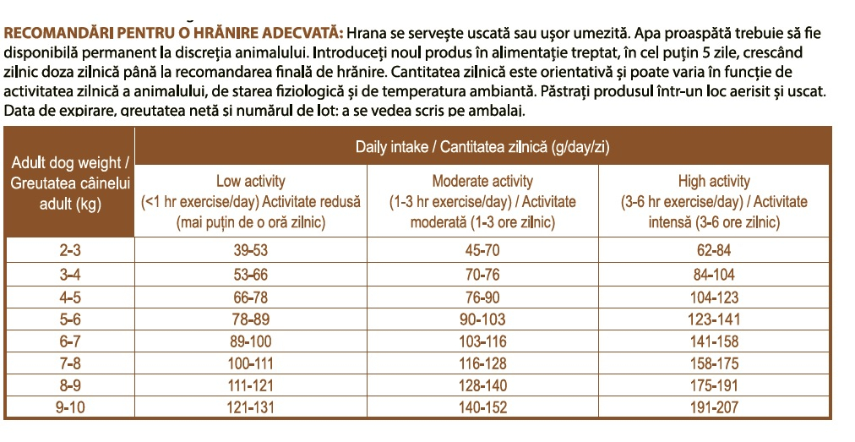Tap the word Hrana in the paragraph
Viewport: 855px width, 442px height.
click(x=366, y=34)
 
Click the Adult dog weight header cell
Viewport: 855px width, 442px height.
click(x=70, y=182)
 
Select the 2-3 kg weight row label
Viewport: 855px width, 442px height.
click(x=70, y=250)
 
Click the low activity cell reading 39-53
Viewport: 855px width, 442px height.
click(x=251, y=250)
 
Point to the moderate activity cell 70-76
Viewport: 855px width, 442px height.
click(x=482, y=274)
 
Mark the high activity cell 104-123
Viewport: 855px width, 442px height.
click(x=714, y=297)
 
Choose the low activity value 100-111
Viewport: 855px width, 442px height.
click(x=251, y=363)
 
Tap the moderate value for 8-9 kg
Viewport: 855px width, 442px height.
click(x=482, y=385)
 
